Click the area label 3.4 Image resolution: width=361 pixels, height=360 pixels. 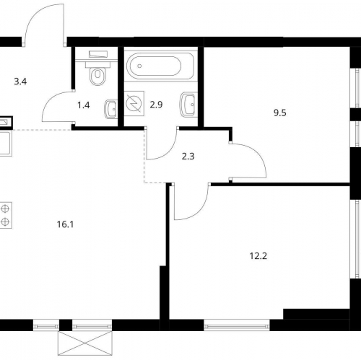pos(20,82)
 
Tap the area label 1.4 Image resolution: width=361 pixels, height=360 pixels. pos(84,105)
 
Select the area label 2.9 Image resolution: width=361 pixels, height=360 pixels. pos(156,105)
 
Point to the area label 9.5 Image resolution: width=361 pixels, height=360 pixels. pos(280,113)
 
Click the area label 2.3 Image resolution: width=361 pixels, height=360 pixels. pos(188,157)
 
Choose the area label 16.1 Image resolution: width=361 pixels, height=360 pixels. pos(65,224)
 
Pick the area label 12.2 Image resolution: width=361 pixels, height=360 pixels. pos(258,256)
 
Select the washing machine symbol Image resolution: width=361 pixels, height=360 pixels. pos(134,103)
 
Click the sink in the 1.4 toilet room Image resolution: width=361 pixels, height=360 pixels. pos(110,110)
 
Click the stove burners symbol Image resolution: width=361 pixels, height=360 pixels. pos(5,215)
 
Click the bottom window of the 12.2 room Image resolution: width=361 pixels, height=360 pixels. pos(237,325)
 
